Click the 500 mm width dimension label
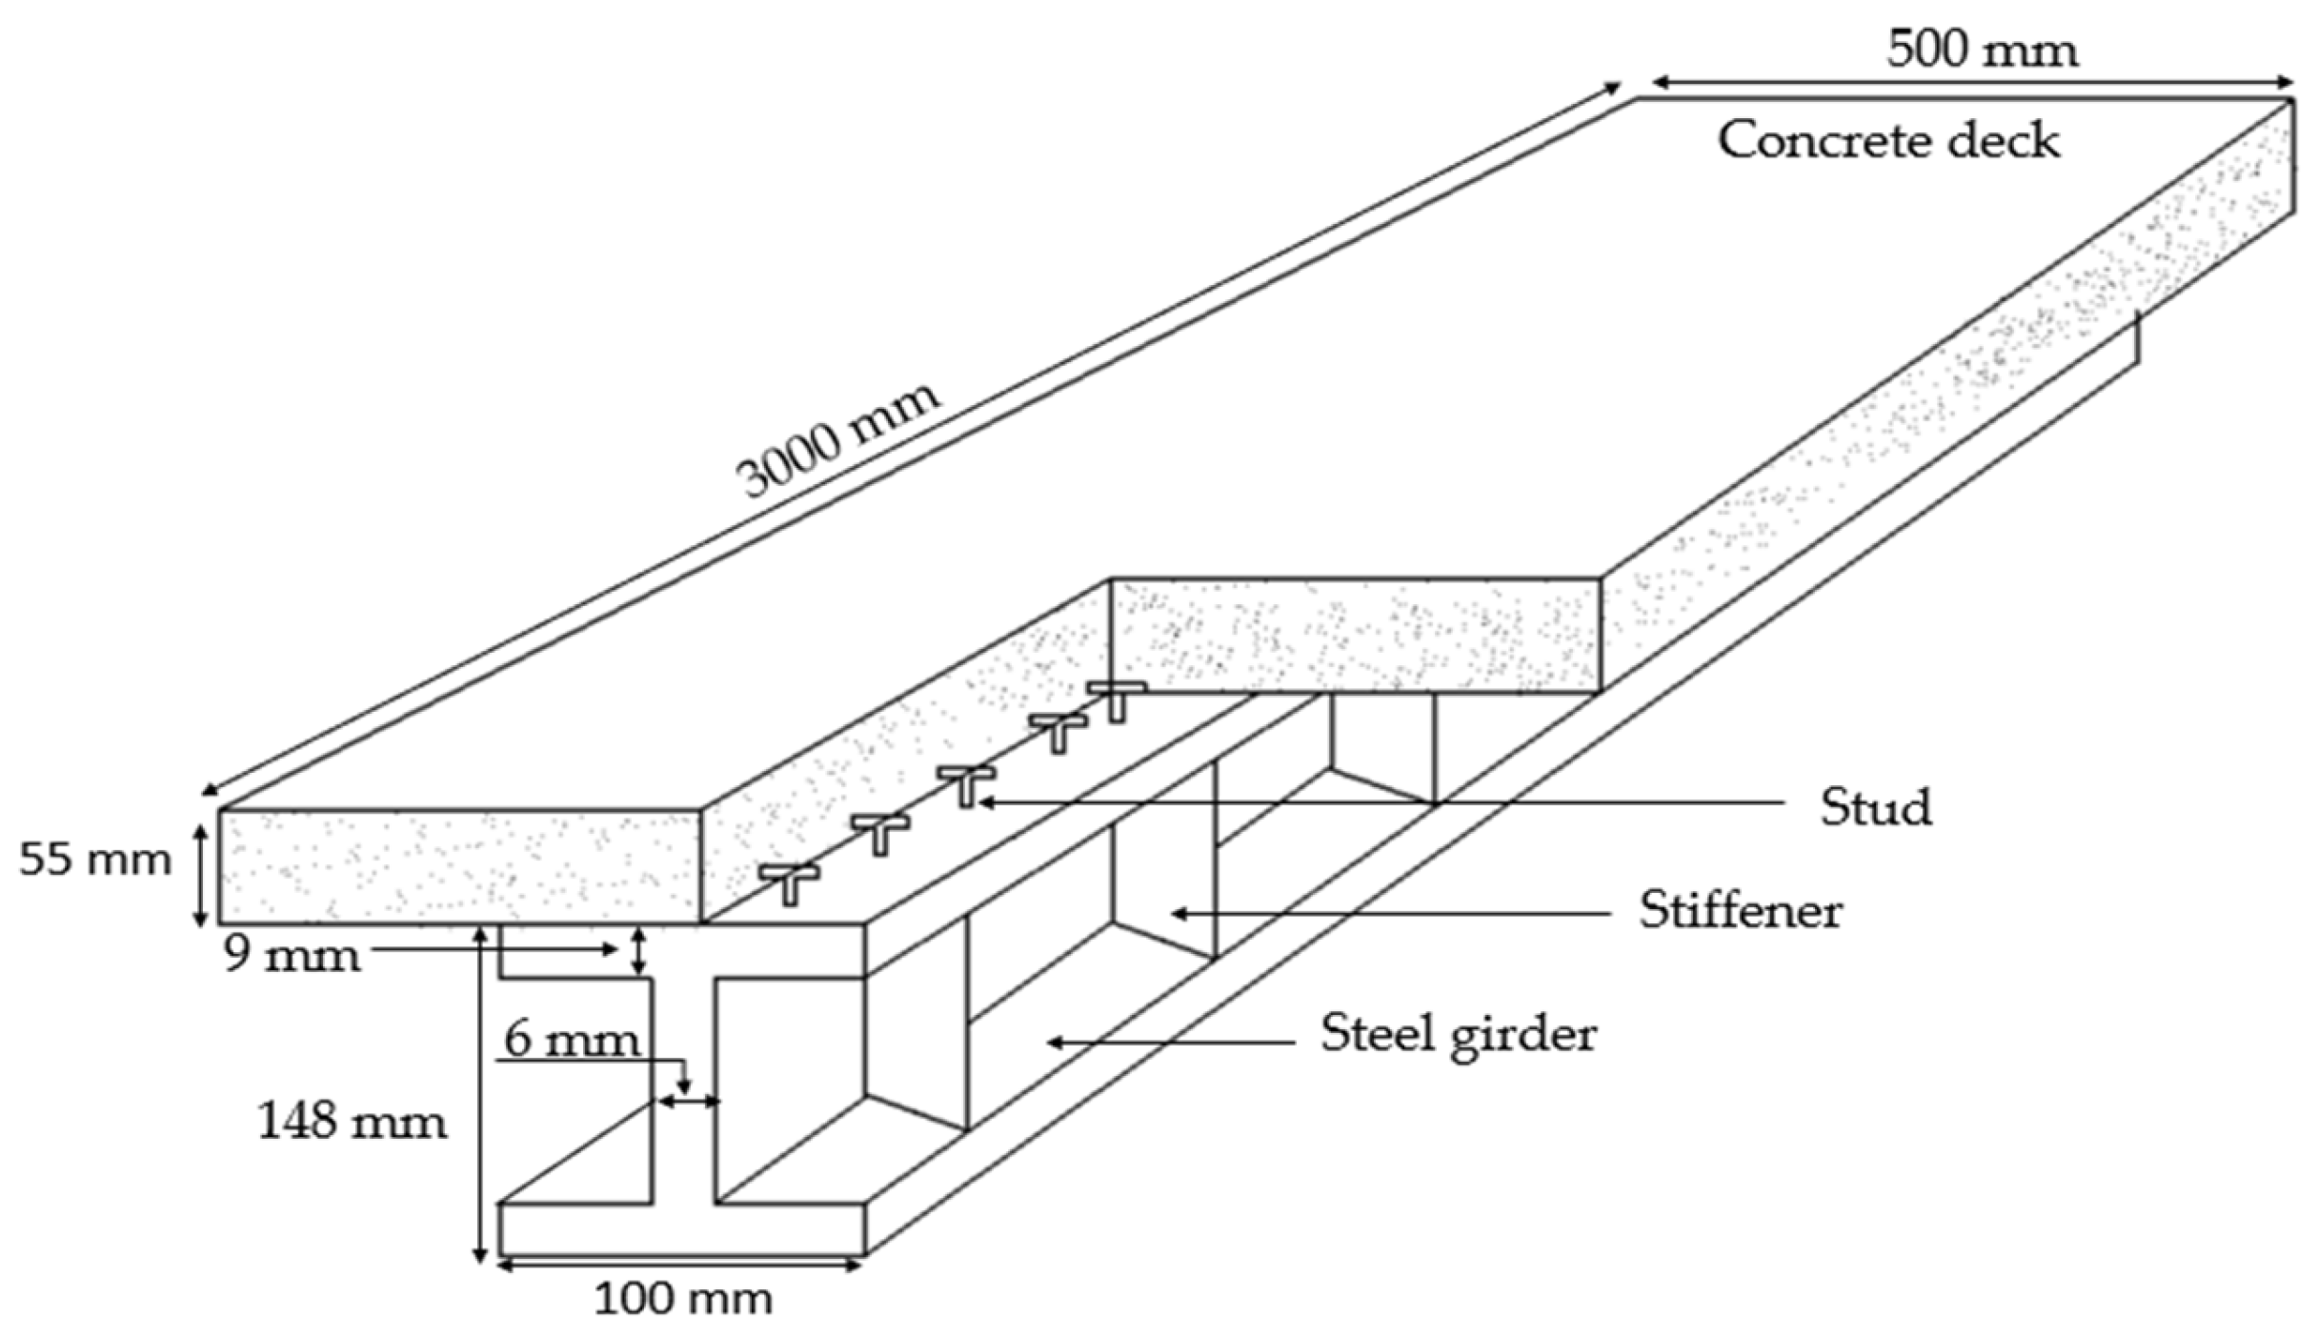tap(1982, 50)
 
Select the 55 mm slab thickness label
tap(95, 860)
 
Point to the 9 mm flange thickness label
tap(292, 954)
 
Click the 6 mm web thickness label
tap(572, 1039)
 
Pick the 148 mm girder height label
tap(352, 1122)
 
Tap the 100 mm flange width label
tap(683, 1299)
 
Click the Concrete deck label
tap(1888, 141)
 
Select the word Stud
tap(1876, 808)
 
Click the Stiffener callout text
tap(1741, 911)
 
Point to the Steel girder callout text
tap(1458, 1034)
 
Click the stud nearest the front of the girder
tap(789, 882)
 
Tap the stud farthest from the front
tap(1117, 699)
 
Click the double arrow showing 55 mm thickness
tap(200, 876)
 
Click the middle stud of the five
tap(966, 784)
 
